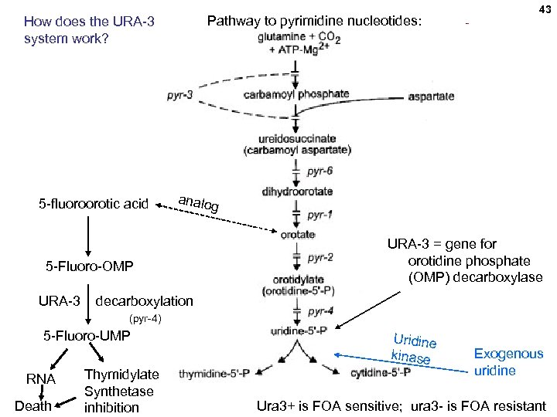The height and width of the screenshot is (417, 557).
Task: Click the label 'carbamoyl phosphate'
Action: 296,94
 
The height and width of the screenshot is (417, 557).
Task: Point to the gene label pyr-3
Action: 179,95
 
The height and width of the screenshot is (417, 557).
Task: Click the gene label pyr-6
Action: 320,171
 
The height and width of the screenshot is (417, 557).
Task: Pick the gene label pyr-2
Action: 320,257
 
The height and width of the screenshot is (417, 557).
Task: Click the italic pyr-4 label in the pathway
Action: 320,312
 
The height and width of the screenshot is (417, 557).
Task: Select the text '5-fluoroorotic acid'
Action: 93,203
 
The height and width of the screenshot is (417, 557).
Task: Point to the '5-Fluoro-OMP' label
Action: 90,267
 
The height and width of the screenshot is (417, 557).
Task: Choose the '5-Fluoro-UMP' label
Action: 86,336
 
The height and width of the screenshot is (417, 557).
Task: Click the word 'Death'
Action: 33,405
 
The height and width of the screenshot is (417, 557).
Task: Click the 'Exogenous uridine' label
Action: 508,361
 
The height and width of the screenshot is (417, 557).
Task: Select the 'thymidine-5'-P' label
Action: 214,374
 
